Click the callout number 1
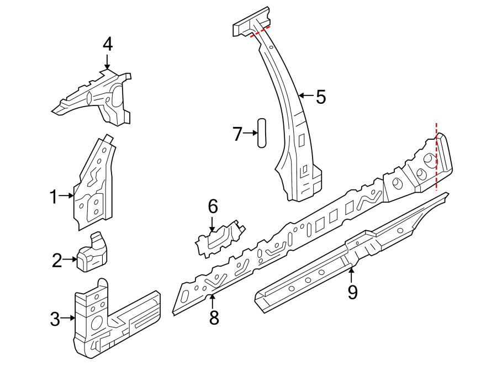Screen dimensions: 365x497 point(54,196)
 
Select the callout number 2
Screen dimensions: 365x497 point(57,260)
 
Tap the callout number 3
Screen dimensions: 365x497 point(55,319)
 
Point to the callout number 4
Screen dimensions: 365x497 point(108,44)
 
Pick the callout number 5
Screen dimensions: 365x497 point(320,97)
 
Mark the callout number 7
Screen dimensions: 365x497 point(237,134)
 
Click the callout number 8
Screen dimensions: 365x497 point(214,317)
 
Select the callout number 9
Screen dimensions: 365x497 point(352,292)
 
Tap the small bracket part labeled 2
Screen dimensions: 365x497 point(92,253)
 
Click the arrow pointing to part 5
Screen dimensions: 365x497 point(305,96)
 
